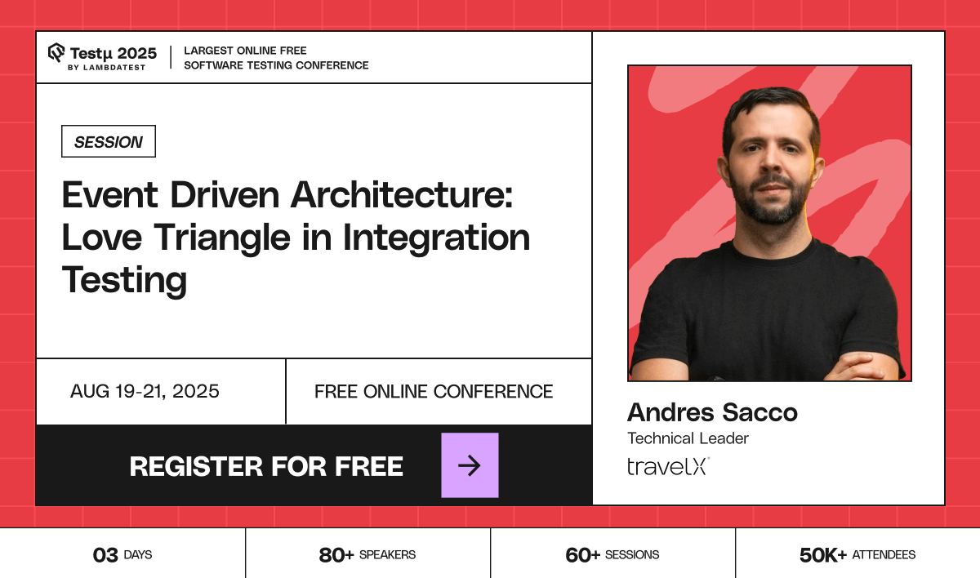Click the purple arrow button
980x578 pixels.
click(x=470, y=465)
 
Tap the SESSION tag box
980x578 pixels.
click(x=109, y=142)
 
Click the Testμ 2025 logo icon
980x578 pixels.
click(x=56, y=53)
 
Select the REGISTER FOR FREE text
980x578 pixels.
click(x=266, y=466)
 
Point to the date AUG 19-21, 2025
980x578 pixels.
click(x=145, y=392)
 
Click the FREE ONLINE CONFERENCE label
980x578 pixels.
click(x=434, y=392)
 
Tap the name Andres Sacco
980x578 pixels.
click(x=712, y=412)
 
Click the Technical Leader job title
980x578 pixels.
click(x=688, y=438)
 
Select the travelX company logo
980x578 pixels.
click(x=668, y=466)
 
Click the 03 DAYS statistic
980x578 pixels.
click(x=122, y=555)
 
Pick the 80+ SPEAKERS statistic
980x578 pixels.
click(x=367, y=555)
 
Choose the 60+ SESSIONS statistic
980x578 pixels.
click(x=612, y=555)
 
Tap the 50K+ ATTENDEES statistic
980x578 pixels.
click(x=857, y=555)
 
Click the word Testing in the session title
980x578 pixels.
click(x=124, y=280)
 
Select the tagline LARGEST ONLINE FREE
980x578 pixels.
click(x=245, y=51)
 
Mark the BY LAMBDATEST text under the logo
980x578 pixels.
click(x=106, y=67)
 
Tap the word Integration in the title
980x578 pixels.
click(x=436, y=238)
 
